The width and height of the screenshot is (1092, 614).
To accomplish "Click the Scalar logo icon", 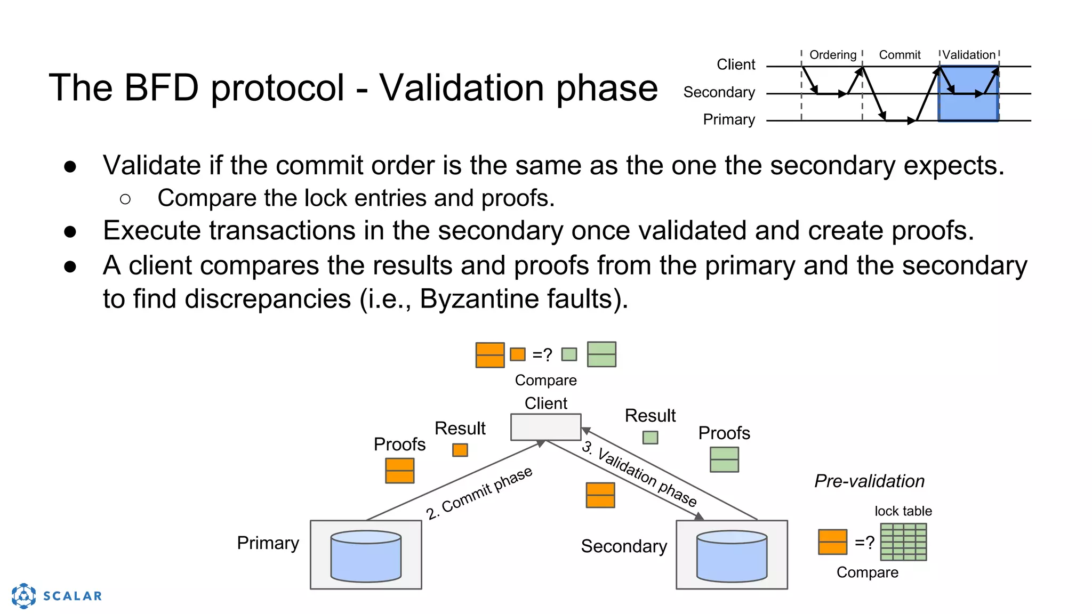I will pyautogui.click(x=24, y=595).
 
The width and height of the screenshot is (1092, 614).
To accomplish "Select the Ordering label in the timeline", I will pyautogui.click(x=832, y=55).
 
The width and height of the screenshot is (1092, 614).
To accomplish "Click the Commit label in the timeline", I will pyautogui.click(x=900, y=55).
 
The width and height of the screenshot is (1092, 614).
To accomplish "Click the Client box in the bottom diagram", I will pyautogui.click(x=545, y=427).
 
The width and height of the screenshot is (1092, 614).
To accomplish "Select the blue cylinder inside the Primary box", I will pyautogui.click(x=366, y=556).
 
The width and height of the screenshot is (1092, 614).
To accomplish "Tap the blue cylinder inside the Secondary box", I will pyautogui.click(x=732, y=556).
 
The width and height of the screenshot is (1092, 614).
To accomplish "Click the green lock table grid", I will pyautogui.click(x=903, y=542).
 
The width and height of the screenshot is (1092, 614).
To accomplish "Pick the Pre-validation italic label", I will pyautogui.click(x=869, y=481).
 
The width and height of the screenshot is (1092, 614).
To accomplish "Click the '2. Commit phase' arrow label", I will pyautogui.click(x=479, y=493).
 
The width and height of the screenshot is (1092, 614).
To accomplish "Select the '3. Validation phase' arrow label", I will pyautogui.click(x=639, y=473).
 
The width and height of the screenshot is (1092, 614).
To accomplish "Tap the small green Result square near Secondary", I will pyautogui.click(x=650, y=438).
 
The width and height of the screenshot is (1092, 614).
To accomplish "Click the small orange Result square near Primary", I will pyautogui.click(x=460, y=450).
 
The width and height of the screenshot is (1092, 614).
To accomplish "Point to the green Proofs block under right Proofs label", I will pyautogui.click(x=724, y=459).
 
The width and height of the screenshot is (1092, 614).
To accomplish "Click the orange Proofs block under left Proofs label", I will pyautogui.click(x=399, y=471).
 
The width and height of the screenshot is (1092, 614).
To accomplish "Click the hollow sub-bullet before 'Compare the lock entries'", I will pyautogui.click(x=125, y=199).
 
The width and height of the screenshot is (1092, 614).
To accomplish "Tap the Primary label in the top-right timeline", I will pyautogui.click(x=728, y=119).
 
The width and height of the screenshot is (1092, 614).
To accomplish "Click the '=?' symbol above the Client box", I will pyautogui.click(x=542, y=354).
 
